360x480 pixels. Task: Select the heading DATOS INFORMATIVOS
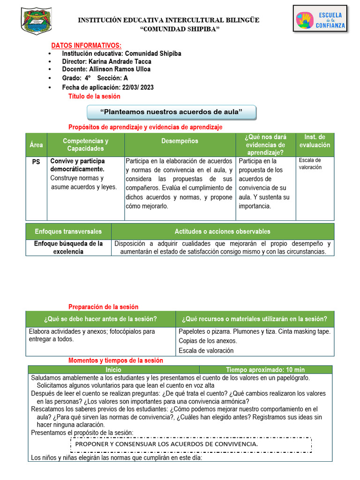[86, 45]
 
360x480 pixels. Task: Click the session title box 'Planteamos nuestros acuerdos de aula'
[172, 112]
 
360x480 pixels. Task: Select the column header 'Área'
[36, 145]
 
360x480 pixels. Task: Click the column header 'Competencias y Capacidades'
[85, 145]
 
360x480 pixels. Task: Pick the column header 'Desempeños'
[180, 141]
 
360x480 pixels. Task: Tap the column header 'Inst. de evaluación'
[315, 141]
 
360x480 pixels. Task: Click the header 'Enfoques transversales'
[68, 232]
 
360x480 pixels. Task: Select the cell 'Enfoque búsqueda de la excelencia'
[68, 247]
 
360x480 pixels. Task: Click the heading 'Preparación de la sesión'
[104, 307]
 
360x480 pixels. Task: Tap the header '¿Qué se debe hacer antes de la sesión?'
[100, 319]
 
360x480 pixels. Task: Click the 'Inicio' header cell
[113, 370]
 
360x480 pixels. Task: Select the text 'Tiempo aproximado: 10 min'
[265, 370]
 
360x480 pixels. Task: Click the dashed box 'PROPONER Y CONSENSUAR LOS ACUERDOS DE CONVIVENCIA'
[190, 444]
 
